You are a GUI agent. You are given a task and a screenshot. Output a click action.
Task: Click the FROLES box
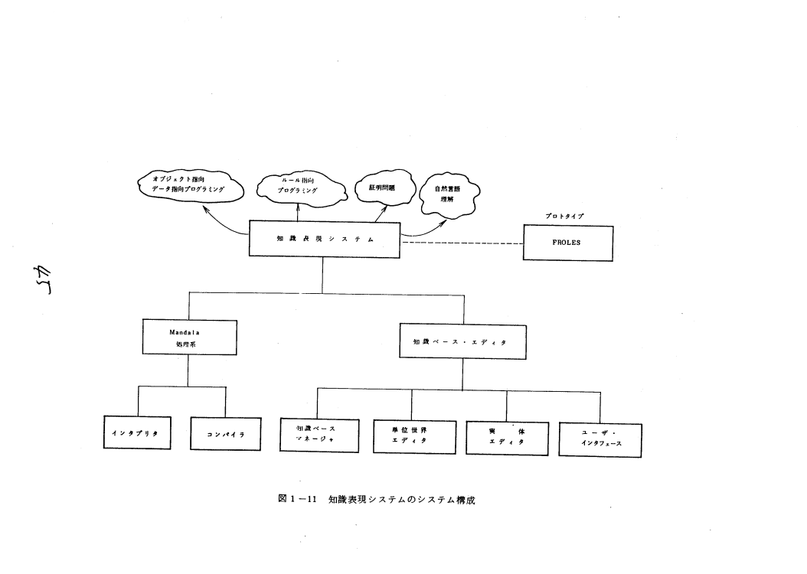point(567,243)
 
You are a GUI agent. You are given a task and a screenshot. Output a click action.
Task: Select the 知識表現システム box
point(325,239)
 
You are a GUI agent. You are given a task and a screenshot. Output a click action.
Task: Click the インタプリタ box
point(137,433)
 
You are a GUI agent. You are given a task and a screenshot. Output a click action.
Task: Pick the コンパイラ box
point(226,434)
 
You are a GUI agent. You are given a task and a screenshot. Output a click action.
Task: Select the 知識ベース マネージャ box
point(319,435)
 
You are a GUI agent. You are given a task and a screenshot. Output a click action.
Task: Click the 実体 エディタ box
point(506,437)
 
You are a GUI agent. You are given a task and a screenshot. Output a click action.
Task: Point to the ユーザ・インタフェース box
point(600,439)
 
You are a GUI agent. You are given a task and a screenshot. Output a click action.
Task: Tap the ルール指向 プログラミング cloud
point(298,186)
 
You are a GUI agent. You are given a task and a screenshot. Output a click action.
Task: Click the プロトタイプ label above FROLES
point(566,217)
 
